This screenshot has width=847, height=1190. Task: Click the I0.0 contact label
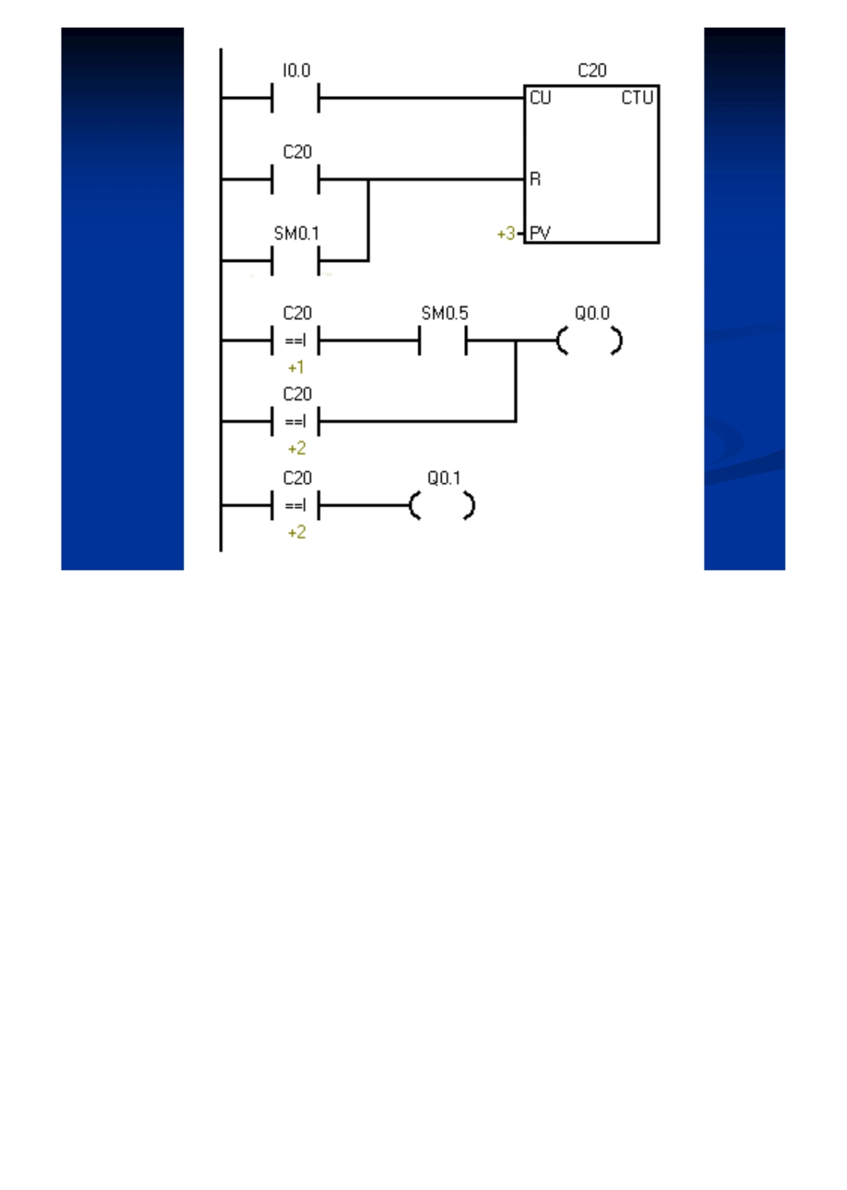coord(296,70)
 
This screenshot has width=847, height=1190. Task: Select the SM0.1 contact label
coord(296,233)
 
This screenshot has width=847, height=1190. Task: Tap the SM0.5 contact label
coord(444,313)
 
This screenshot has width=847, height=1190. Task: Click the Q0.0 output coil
coord(589,340)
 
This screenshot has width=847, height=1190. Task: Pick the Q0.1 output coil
coord(442,505)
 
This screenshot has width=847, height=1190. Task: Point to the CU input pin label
coord(540,97)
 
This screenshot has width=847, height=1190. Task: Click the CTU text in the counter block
coord(637,97)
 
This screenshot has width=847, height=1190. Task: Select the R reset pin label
coord(535,179)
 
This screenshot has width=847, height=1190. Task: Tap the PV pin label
coord(540,233)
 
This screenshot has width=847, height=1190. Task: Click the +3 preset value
coord(506,233)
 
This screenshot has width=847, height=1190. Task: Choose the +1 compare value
coord(296,367)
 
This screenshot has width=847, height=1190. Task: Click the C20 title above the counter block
coord(592,70)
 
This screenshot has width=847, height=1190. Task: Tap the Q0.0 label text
coord(592,313)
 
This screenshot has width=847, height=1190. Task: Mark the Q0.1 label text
coord(444,478)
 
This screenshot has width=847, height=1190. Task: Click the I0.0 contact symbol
coord(295,97)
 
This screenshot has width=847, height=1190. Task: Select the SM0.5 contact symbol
coord(443,340)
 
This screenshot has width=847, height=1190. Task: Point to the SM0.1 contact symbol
coord(295,260)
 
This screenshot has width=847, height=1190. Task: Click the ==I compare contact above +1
coord(295,340)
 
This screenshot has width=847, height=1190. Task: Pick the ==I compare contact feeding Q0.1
coord(295,505)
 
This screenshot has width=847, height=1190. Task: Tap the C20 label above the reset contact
coord(297,152)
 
